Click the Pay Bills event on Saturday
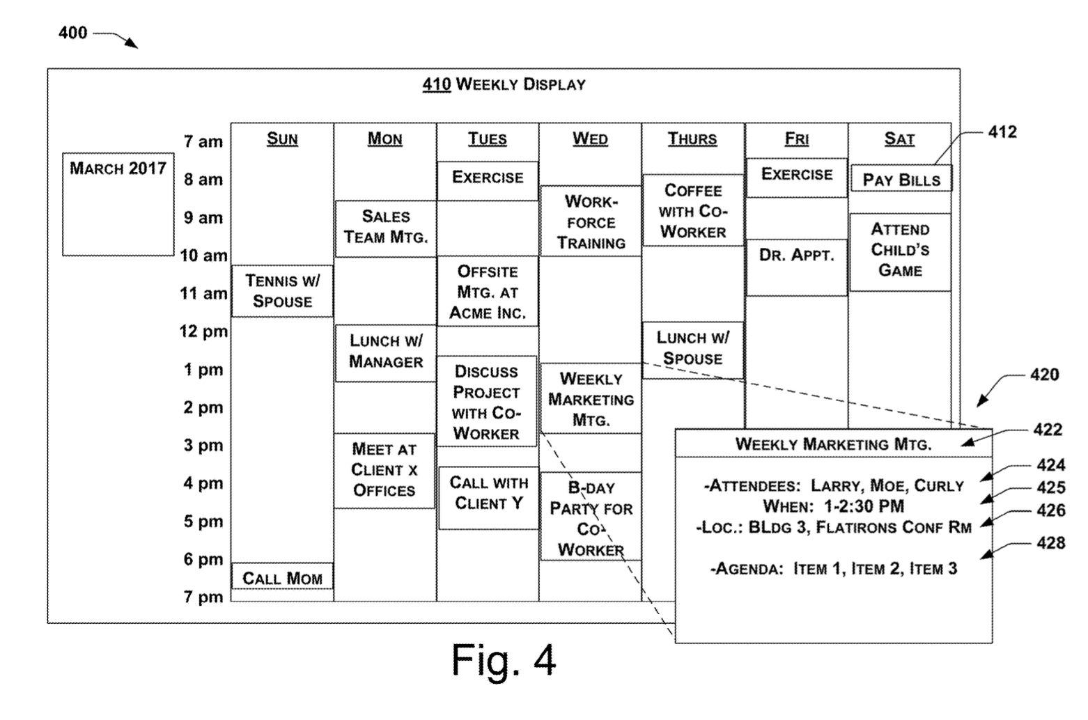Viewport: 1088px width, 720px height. [x=901, y=180]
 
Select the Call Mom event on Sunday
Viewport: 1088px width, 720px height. [x=282, y=578]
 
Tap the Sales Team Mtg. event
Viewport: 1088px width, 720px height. [x=385, y=227]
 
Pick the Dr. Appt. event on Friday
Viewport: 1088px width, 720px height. [x=796, y=256]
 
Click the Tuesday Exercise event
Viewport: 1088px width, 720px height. [x=488, y=178]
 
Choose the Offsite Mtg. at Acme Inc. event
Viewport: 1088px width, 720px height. [x=488, y=292]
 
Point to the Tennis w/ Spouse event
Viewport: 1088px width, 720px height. [x=282, y=290]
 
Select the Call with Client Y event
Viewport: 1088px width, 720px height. [x=488, y=493]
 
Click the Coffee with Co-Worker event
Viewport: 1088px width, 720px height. [x=692, y=210]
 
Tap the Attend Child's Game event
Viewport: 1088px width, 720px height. [x=900, y=250]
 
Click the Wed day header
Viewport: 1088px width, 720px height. [x=590, y=139]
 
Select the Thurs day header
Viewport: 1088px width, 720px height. [x=692, y=139]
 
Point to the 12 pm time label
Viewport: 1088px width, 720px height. [x=203, y=331]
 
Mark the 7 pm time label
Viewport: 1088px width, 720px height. [x=203, y=597]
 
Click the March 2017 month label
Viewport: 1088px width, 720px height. [x=118, y=169]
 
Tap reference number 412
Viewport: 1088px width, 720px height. [x=1002, y=132]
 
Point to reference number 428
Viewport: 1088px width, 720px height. [x=1050, y=543]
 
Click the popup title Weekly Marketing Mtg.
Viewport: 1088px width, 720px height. [x=833, y=444]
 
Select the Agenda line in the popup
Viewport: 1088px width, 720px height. [x=833, y=569]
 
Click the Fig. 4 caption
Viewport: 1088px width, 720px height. [x=504, y=659]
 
